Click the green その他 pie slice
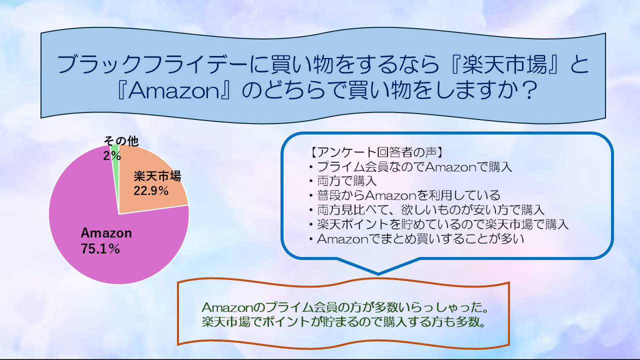pyautogui.click(x=115, y=160)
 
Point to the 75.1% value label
pyautogui.click(x=100, y=248)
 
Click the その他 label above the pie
pyautogui.click(x=120, y=141)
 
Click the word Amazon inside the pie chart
pyautogui.click(x=106, y=233)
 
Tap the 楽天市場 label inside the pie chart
pyautogui.click(x=157, y=176)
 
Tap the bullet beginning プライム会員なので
pyautogui.click(x=410, y=166)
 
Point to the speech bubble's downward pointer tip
pyautogui.click(x=378, y=273)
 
